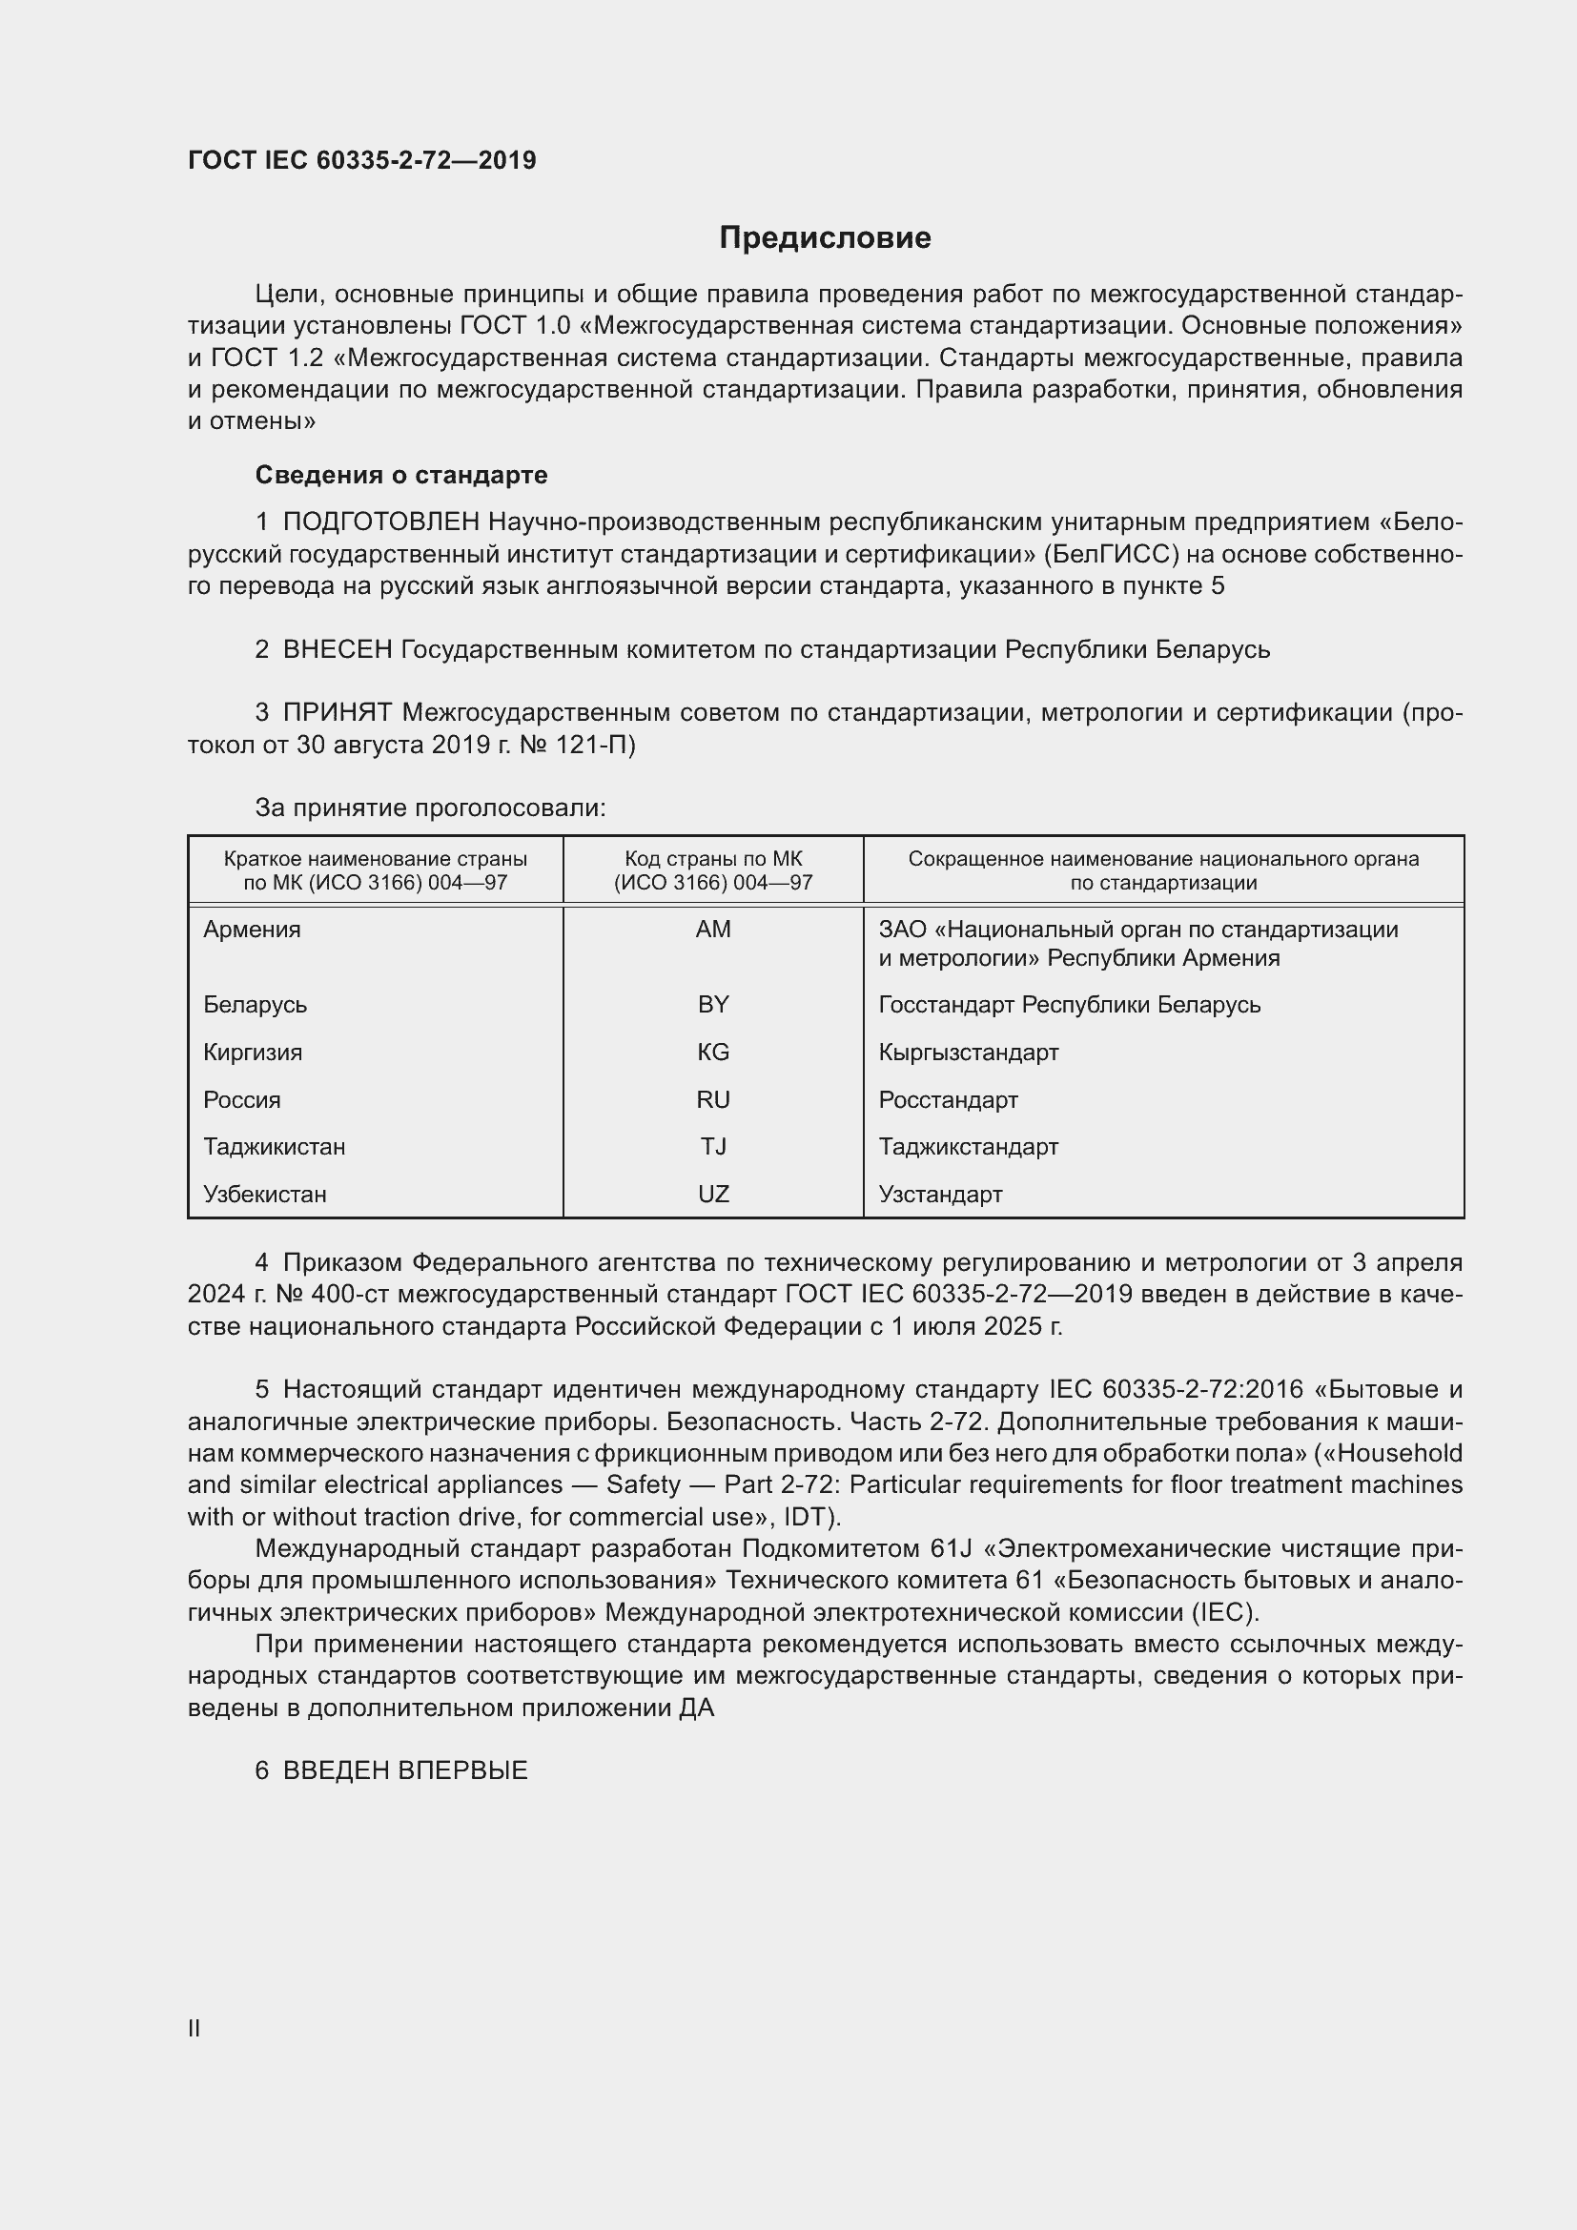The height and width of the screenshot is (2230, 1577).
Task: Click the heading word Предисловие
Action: click(x=825, y=238)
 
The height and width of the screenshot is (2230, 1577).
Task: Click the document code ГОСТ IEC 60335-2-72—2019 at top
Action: click(x=361, y=160)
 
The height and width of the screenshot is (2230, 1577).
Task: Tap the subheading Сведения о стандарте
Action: click(x=401, y=475)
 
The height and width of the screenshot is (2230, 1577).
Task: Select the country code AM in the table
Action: click(x=713, y=930)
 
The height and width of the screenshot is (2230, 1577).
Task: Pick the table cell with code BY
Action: click(x=713, y=1004)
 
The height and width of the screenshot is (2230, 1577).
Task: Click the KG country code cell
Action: click(x=713, y=1052)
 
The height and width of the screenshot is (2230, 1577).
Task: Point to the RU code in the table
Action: click(x=713, y=1099)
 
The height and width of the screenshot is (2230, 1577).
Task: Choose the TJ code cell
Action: click(x=713, y=1146)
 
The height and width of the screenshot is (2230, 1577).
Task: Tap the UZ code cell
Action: click(x=713, y=1194)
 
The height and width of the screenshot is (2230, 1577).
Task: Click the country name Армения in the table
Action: click(x=252, y=930)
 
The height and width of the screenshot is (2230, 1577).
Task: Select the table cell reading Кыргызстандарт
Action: click(x=968, y=1052)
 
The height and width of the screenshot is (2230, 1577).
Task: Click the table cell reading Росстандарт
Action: click(x=948, y=1099)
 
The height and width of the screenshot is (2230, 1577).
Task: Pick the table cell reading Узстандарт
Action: click(x=940, y=1194)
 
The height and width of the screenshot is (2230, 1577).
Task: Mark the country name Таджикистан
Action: click(x=274, y=1146)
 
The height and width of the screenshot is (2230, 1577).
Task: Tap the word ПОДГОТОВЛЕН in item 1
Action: click(x=380, y=522)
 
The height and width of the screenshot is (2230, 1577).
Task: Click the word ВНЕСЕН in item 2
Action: click(x=337, y=649)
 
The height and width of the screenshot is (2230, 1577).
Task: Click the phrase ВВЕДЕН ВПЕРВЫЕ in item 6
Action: click(x=405, y=1770)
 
